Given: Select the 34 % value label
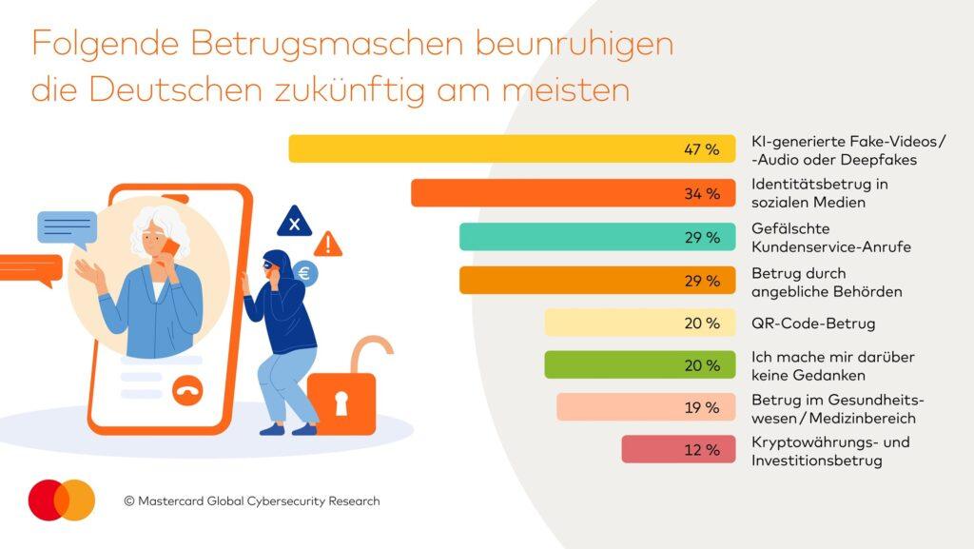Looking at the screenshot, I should [x=702, y=194].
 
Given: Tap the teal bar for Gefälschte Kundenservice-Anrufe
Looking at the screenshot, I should [x=597, y=237].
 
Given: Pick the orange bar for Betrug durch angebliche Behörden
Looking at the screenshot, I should [x=597, y=280].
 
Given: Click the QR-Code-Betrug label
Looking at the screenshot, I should [x=812, y=324].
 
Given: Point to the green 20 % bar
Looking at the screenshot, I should [x=639, y=365].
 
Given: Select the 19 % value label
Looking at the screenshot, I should [x=702, y=407].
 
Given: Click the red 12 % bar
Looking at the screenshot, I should [x=678, y=449].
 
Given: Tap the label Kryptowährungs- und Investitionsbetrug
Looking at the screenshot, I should [x=830, y=451].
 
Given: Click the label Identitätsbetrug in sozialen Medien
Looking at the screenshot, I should [x=819, y=193].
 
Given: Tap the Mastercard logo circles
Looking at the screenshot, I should [x=62, y=500].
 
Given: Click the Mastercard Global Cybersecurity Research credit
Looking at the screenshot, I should [x=251, y=500].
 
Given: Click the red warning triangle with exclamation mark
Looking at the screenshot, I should [x=328, y=245].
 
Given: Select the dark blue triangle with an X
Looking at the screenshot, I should [x=294, y=223].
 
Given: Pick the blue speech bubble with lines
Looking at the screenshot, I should [x=67, y=228].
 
